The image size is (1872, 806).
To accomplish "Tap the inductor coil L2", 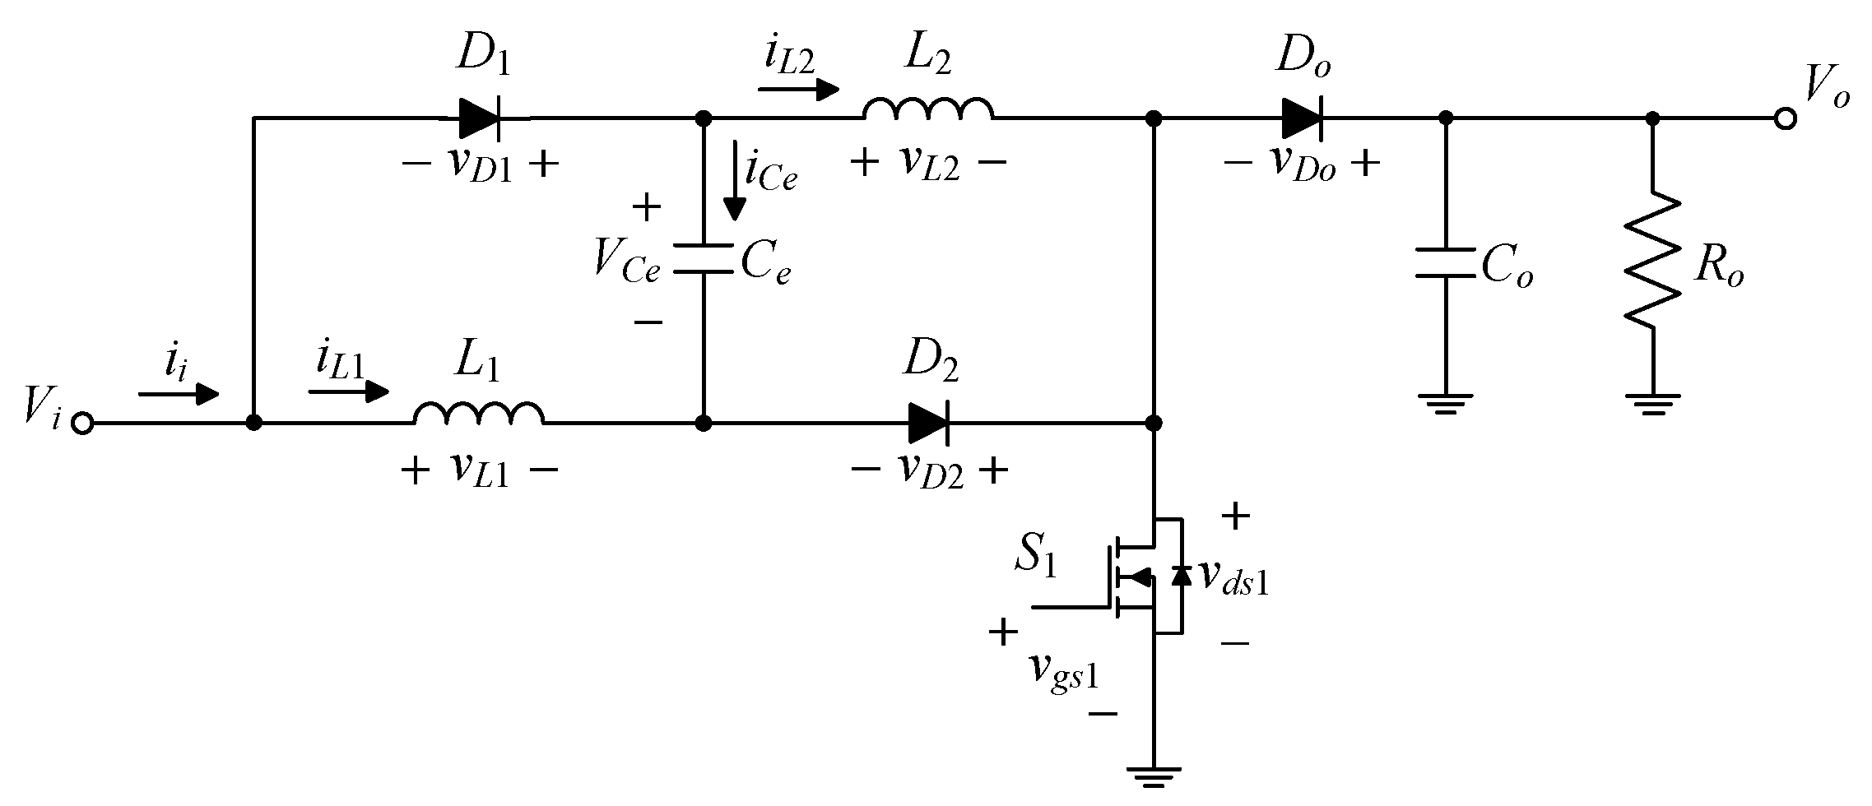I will pos(927,110).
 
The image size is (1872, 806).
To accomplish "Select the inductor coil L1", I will pos(478,415).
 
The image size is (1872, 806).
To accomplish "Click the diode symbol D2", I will pos(929,424).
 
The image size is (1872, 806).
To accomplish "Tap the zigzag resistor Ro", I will pos(1652,259).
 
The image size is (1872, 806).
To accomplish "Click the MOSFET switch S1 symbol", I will pos(1148,576).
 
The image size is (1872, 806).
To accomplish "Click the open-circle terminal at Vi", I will pos(81,424).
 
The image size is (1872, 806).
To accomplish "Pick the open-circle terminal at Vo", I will pos(1785,120).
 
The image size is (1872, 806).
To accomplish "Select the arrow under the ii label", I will pos(179,395).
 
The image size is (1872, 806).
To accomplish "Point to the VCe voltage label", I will pos(625,263).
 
